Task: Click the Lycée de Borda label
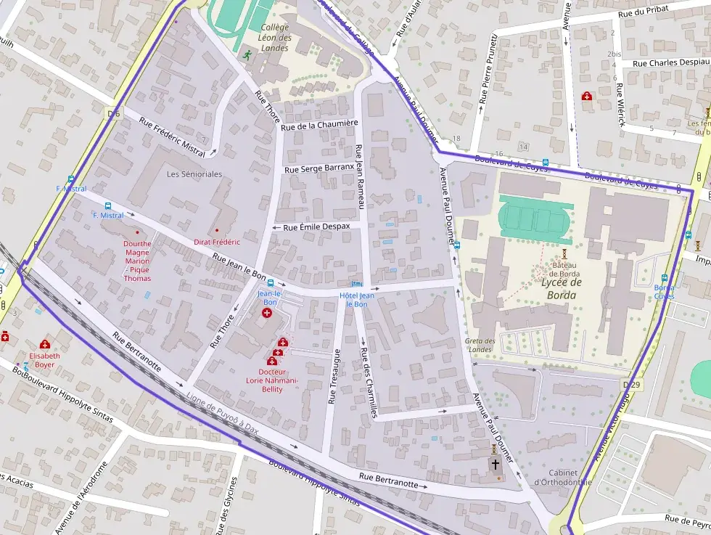(x=562, y=289)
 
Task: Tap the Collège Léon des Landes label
(x=275, y=38)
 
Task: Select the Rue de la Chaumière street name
(x=320, y=126)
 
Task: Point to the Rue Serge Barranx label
(x=318, y=168)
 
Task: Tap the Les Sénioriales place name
(x=194, y=174)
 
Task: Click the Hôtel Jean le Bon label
(x=357, y=299)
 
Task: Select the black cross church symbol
(x=496, y=463)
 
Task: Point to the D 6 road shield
(x=112, y=113)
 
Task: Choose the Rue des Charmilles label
(x=369, y=383)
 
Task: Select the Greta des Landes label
(x=480, y=345)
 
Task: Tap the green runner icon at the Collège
(x=247, y=54)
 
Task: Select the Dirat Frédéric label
(x=216, y=241)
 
